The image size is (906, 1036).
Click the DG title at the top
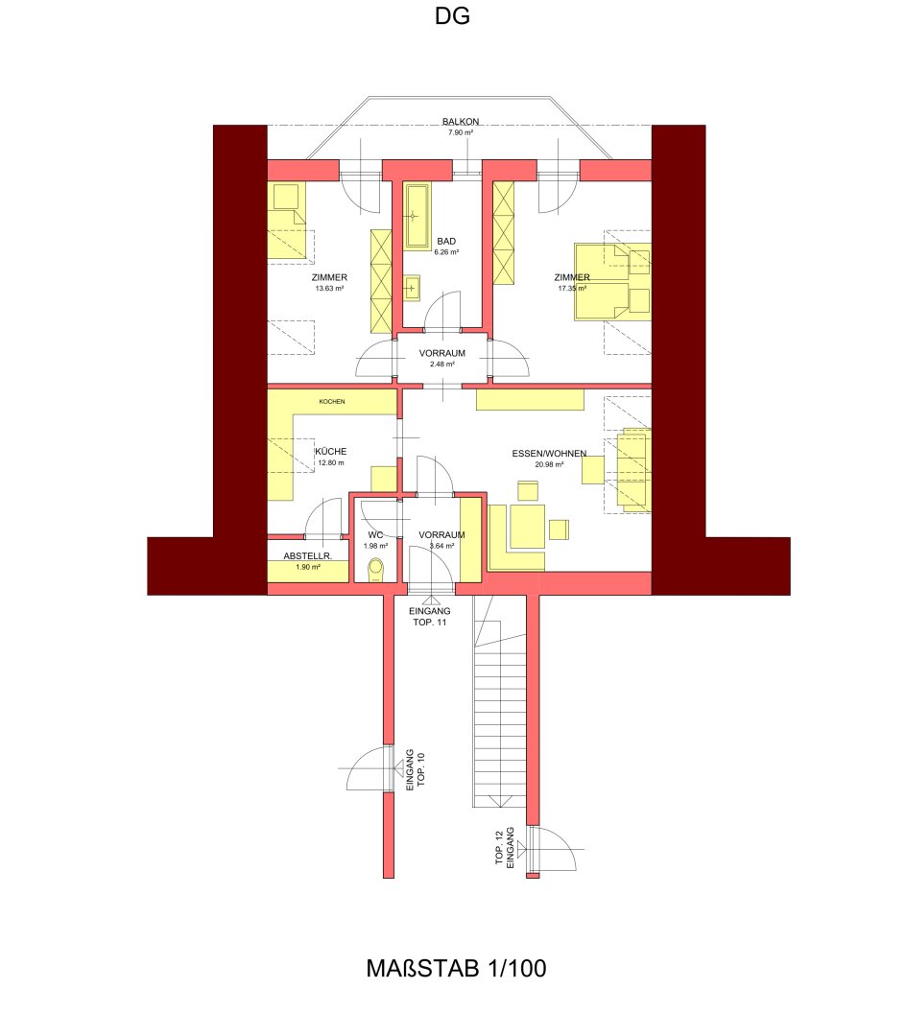(452, 16)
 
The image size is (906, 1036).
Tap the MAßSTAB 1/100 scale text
(456, 969)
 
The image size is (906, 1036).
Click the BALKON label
(461, 122)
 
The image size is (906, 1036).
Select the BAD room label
(446, 241)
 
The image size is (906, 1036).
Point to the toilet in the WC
(376, 570)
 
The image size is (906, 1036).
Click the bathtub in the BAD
(417, 217)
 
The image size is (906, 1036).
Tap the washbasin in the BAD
(413, 288)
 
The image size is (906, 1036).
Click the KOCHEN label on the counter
(332, 402)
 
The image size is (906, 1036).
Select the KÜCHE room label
(330, 451)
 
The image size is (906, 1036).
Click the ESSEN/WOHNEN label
(549, 454)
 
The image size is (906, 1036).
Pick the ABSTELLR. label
(307, 556)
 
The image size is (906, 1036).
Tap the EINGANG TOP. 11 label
(430, 617)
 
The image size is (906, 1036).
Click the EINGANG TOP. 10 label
(415, 769)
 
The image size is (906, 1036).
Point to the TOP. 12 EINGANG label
(504, 847)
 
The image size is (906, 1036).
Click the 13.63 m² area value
(329, 289)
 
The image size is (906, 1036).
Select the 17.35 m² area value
(572, 289)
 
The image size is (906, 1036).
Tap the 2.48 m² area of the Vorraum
(442, 365)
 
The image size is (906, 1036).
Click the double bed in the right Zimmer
(612, 282)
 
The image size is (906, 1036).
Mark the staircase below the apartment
(500, 700)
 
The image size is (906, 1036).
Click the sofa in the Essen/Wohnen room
(633, 470)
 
